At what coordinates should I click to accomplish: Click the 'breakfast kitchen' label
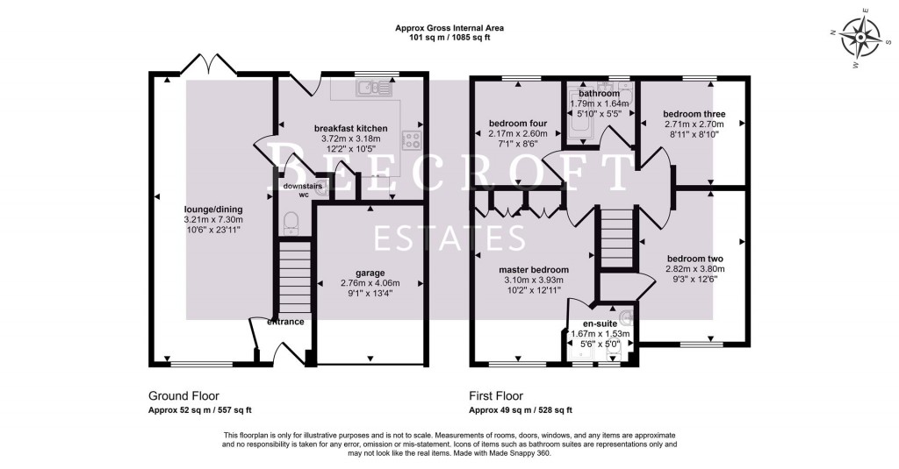click(x=350, y=128)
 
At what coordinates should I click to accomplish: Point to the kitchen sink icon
click(x=372, y=87)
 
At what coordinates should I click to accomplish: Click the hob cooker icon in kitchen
click(x=411, y=141)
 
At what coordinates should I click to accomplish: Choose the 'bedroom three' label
click(x=693, y=114)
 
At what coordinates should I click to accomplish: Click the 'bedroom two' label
click(x=694, y=259)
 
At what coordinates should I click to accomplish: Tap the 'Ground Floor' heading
click(x=183, y=396)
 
